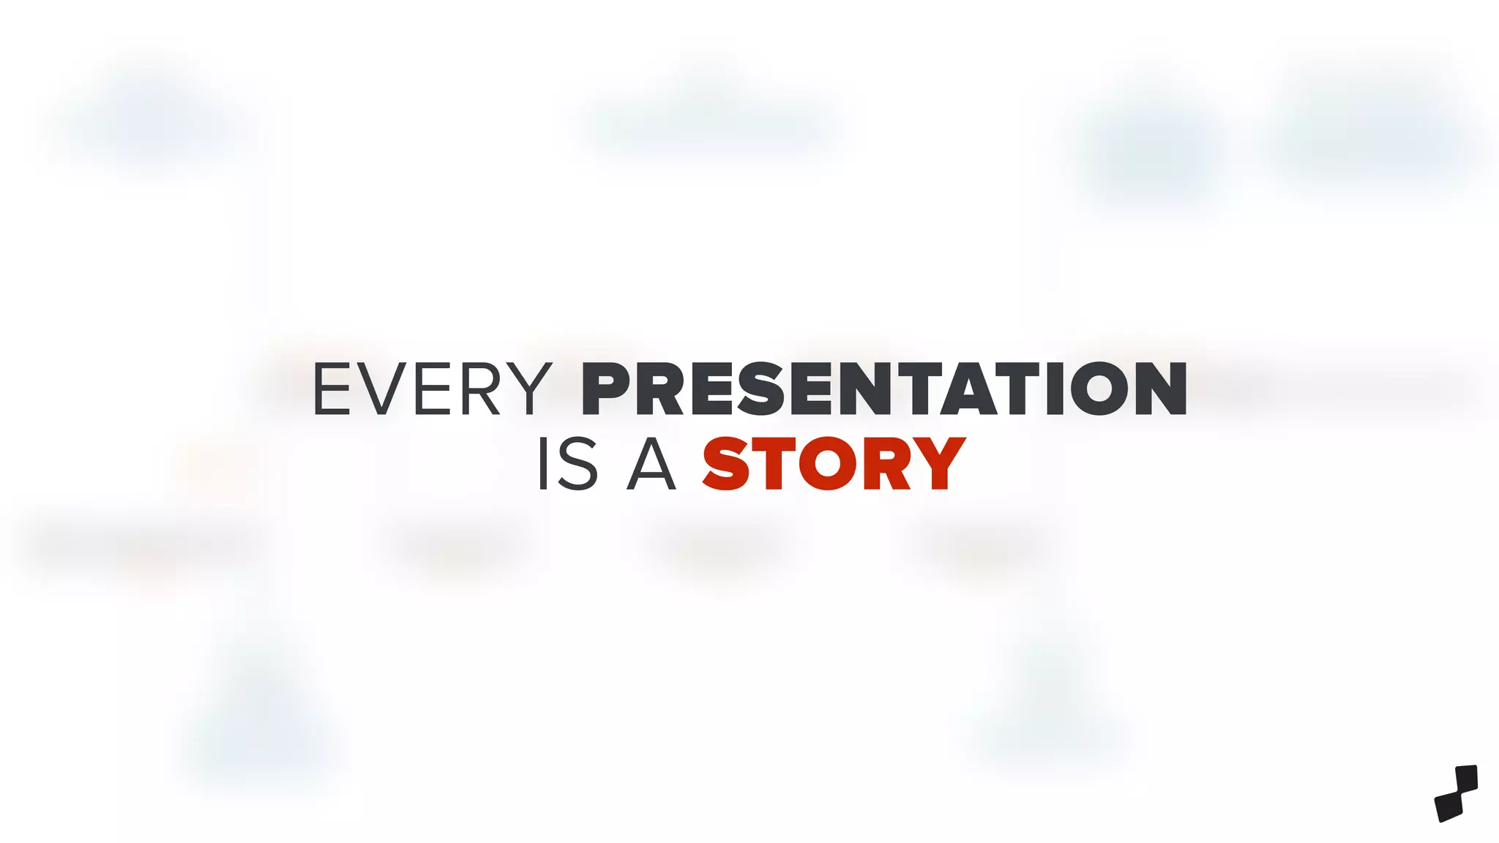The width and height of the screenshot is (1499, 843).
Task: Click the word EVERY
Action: (432, 389)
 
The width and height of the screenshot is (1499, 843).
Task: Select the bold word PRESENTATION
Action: (883, 389)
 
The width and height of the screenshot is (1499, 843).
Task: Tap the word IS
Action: (568, 464)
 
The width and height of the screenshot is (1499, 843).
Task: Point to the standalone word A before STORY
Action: (651, 464)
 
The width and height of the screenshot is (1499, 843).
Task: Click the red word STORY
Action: (834, 464)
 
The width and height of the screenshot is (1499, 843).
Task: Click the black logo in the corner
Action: (1456, 793)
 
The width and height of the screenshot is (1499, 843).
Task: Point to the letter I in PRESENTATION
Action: (1055, 389)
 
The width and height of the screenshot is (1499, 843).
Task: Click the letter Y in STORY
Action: (940, 464)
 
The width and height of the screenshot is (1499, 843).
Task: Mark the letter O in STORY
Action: (827, 464)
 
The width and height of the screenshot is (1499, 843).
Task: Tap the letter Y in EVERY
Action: (527, 389)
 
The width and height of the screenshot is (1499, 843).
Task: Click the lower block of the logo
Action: (1448, 806)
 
